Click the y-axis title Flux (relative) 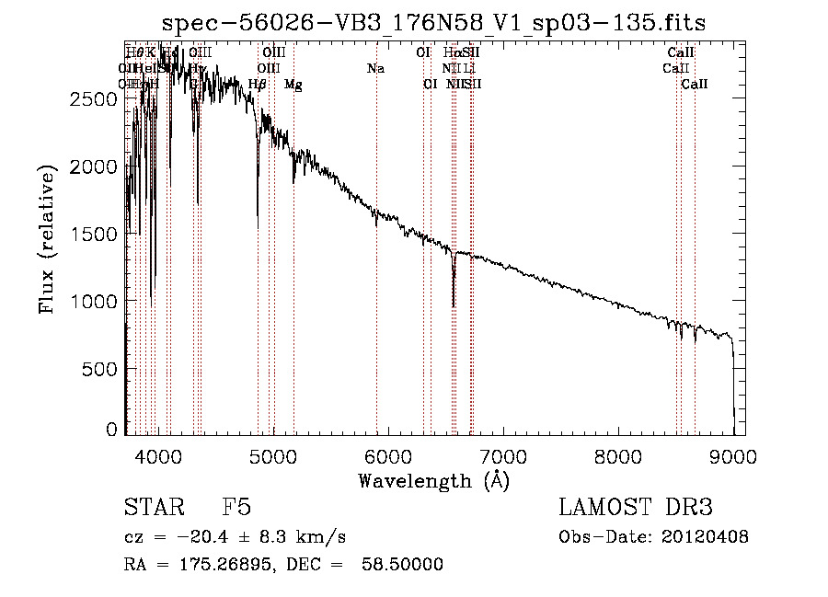coord(47,238)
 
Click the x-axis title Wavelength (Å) coord(433,479)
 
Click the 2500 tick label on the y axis coord(95,98)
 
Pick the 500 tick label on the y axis coord(101,368)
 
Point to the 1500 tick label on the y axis coord(95,234)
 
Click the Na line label coord(375,69)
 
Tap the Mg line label coord(293,85)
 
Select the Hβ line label coord(258,85)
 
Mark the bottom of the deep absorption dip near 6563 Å coord(453,305)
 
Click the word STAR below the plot coord(153,508)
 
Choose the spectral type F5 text coord(236,508)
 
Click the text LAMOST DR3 coord(636,508)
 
